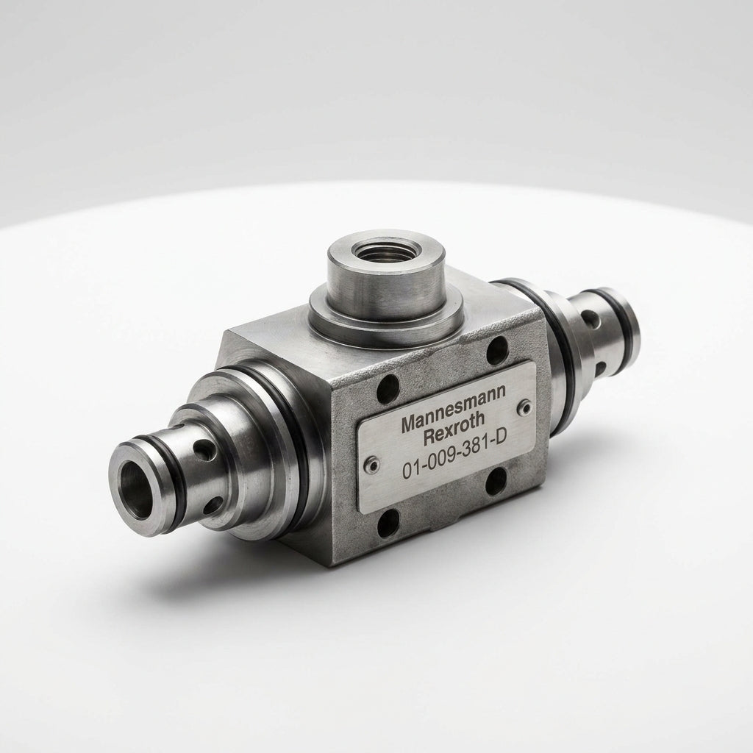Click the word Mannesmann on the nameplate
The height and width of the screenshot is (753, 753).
(453, 407)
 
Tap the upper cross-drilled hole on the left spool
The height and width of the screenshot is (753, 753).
(204, 450)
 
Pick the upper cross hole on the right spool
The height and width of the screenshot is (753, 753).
(590, 318)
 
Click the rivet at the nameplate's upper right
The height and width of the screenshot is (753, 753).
(525, 407)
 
